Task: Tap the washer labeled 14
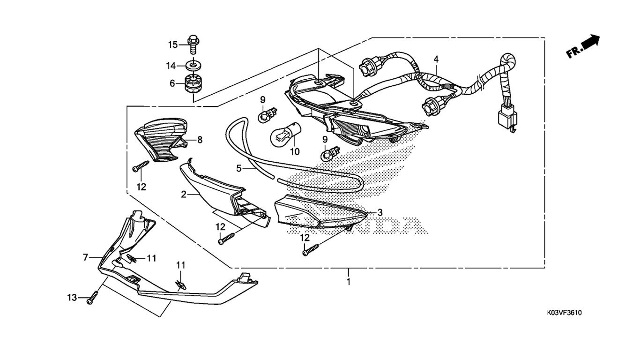point(193,65)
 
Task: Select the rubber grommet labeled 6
point(193,83)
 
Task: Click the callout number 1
point(348,282)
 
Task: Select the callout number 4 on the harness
point(436,60)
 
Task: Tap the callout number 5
point(238,167)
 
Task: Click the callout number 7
point(86,257)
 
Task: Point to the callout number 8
point(200,140)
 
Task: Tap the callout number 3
point(380,212)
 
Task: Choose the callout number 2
point(184,194)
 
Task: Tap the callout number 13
point(71,298)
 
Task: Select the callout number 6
point(172,83)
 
